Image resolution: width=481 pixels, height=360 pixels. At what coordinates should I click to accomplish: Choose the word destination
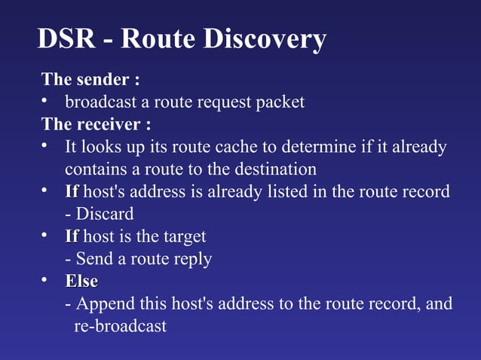point(269,169)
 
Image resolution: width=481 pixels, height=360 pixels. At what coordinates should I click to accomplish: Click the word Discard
point(105,214)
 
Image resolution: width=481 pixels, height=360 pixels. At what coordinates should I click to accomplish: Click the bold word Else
point(81,282)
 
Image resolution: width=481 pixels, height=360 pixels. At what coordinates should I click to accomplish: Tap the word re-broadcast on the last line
point(120,327)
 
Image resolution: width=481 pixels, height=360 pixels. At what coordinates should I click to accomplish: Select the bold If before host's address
point(72,191)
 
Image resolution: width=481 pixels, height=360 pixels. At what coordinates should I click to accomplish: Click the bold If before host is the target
point(72,236)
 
